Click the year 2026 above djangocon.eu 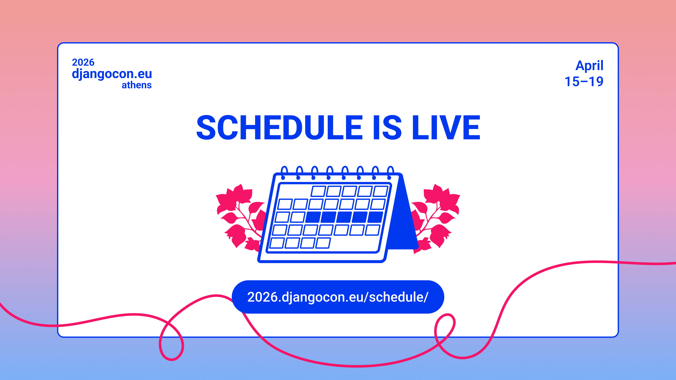83,62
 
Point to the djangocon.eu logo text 112,74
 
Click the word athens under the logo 136,85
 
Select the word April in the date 589,66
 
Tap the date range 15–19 584,81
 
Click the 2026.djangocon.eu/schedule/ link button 338,297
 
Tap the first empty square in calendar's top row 318,191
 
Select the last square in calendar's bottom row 323,243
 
